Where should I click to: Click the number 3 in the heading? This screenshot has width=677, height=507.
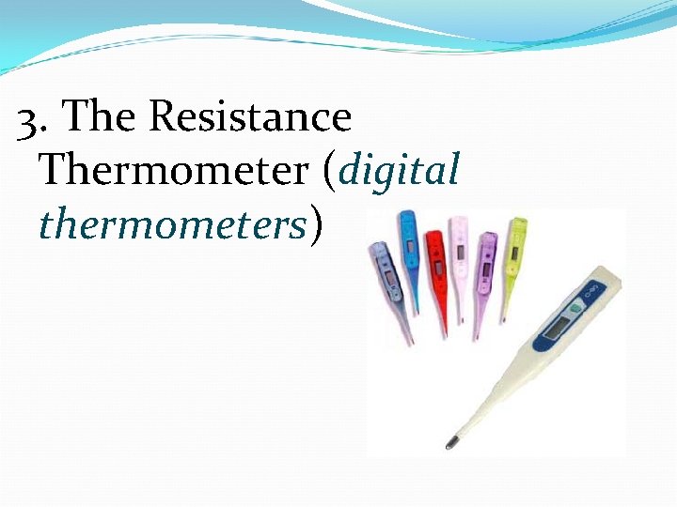[32, 119]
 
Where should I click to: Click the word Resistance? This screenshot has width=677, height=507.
[250, 117]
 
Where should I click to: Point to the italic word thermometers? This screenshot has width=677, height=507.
[173, 225]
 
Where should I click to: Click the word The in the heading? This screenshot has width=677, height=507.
[102, 117]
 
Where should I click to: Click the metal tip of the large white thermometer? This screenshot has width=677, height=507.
[452, 440]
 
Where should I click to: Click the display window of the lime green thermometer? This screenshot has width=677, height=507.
[517, 248]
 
